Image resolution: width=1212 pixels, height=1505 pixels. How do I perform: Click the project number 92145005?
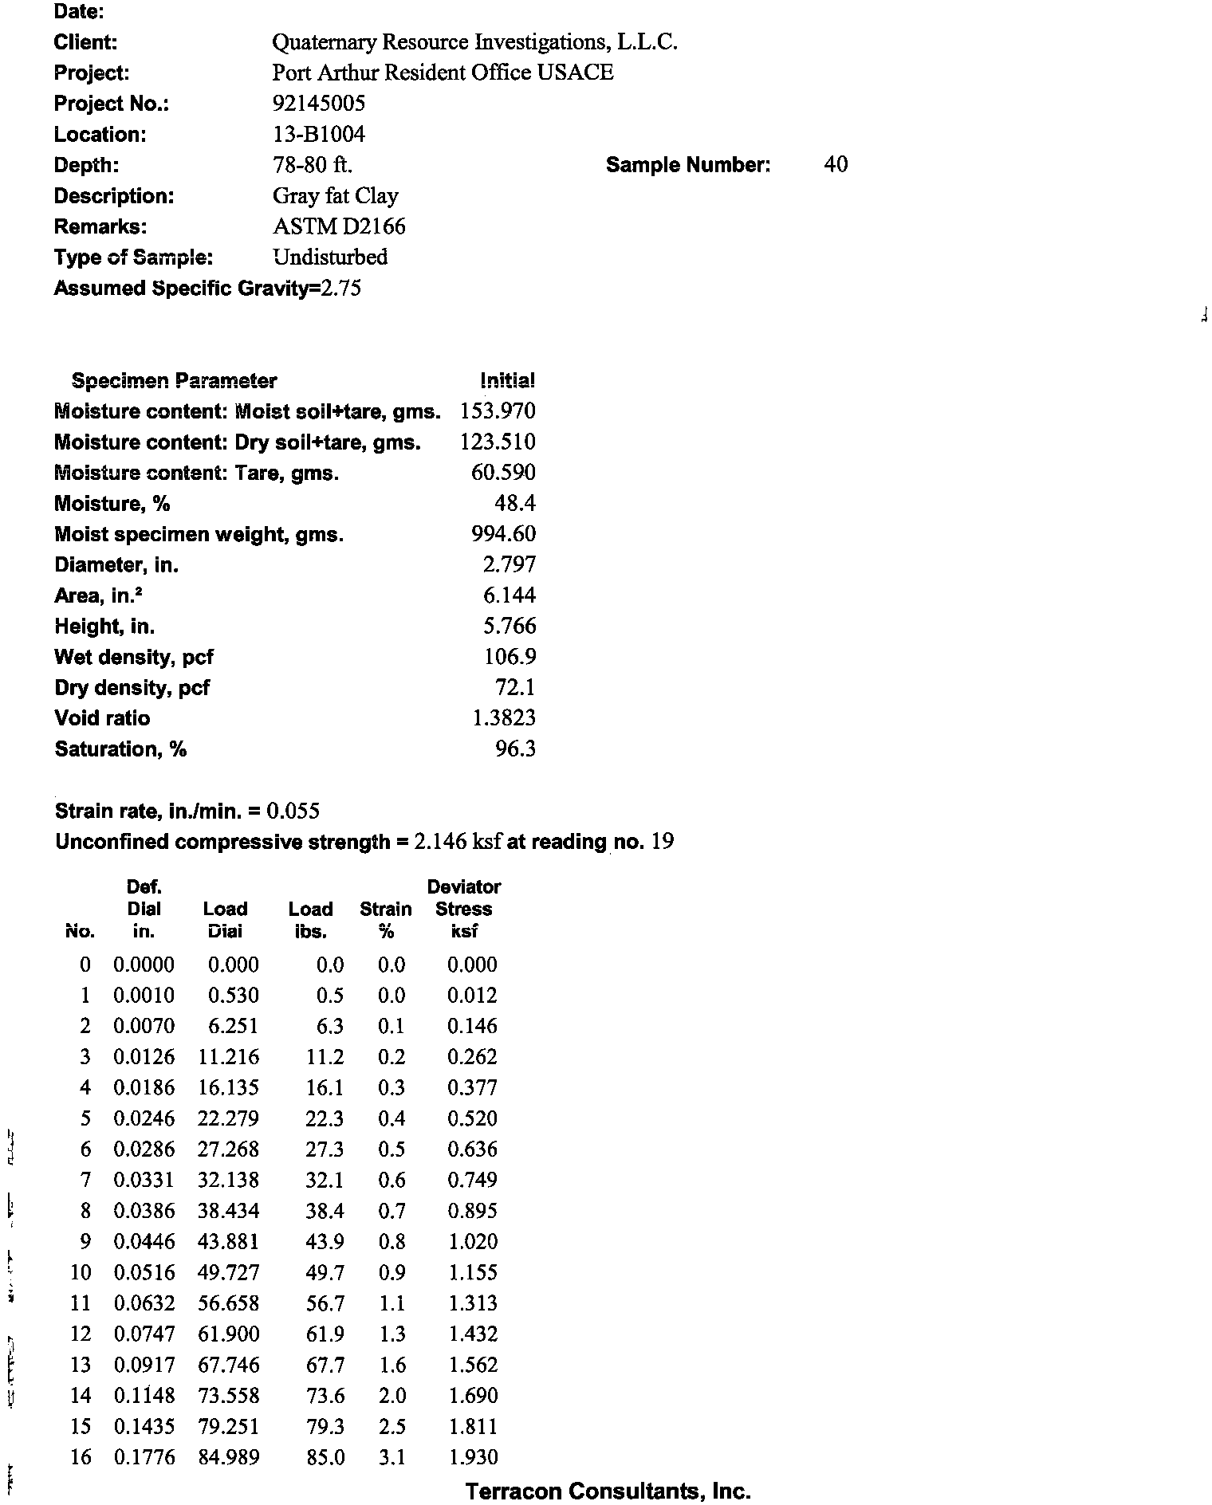click(x=319, y=104)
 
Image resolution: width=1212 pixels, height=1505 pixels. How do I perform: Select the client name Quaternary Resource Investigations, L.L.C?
click(x=474, y=42)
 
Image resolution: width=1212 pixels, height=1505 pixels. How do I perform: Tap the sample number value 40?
click(x=836, y=165)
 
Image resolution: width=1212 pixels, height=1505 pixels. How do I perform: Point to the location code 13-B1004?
click(x=319, y=135)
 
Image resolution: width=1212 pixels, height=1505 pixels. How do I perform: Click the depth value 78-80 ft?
click(x=313, y=165)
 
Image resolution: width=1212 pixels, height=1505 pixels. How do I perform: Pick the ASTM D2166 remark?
click(x=339, y=227)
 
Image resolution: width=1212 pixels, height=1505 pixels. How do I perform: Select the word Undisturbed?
click(x=330, y=257)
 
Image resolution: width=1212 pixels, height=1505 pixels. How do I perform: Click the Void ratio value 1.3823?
click(x=504, y=718)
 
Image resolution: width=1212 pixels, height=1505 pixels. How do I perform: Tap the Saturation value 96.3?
click(x=515, y=749)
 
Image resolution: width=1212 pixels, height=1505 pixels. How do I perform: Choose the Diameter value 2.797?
click(x=510, y=565)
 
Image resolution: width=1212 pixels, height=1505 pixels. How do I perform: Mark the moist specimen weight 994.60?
click(x=504, y=534)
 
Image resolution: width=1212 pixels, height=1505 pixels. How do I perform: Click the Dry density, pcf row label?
click(x=132, y=688)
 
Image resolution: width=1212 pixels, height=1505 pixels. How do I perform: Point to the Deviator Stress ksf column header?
click(x=464, y=909)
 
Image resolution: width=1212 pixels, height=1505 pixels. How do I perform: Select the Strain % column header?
click(x=386, y=920)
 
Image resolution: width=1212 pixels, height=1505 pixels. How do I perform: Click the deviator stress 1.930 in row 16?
click(x=473, y=1458)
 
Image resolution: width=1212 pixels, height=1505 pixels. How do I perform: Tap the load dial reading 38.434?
click(x=228, y=1212)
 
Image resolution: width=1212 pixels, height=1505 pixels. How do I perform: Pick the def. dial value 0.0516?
click(x=144, y=1273)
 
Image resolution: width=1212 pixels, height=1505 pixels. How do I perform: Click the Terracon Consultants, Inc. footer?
click(x=608, y=1491)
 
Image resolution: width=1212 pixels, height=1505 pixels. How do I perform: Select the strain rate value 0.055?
click(x=293, y=811)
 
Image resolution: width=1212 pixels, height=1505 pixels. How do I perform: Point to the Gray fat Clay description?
click(x=336, y=196)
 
